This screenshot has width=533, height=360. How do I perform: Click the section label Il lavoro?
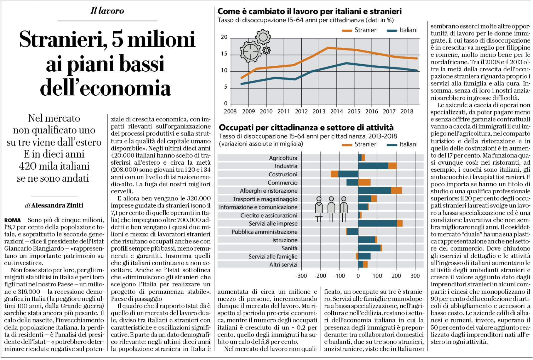pyautogui.click(x=107, y=11)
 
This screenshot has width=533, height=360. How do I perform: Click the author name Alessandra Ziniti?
pyautogui.click(x=57, y=205)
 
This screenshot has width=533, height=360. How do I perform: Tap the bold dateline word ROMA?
pyautogui.click(x=13, y=220)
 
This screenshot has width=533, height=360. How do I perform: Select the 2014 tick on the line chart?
pyautogui.click(x=337, y=111)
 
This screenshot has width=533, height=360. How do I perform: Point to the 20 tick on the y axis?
pyautogui.click(x=224, y=37)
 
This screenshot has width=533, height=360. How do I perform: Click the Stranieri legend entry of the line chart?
pyautogui.click(x=360, y=30)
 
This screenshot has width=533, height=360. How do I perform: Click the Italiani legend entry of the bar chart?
pyautogui.click(x=402, y=144)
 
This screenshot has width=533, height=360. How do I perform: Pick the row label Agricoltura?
pyautogui.click(x=283, y=158)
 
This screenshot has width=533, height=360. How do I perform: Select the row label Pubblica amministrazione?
pyautogui.click(x=264, y=232)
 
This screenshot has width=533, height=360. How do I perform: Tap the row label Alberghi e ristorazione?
pyautogui.click(x=269, y=191)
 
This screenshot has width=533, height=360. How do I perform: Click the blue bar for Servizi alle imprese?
pyautogui.click(x=377, y=224)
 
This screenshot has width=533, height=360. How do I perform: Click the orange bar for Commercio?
pyautogui.click(x=364, y=182)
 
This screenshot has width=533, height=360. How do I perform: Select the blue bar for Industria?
pyautogui.click(x=373, y=166)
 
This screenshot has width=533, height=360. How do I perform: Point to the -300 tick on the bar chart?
pyautogui.click(x=301, y=276)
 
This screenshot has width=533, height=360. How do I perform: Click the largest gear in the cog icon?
pyautogui.click(x=250, y=51)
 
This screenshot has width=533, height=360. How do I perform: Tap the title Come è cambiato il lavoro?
pyautogui.click(x=310, y=11)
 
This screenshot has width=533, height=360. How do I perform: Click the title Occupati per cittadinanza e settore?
pyautogui.click(x=306, y=128)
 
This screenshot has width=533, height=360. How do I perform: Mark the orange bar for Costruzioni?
pyautogui.click(x=334, y=174)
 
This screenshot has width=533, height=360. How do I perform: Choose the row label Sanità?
pyautogui.click(x=290, y=248)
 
